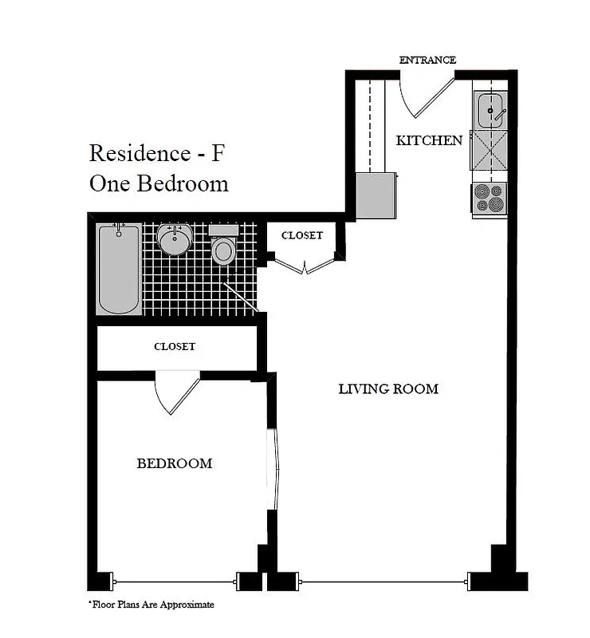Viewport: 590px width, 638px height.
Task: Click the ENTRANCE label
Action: point(427,60)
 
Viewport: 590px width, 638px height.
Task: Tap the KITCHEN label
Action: point(429,140)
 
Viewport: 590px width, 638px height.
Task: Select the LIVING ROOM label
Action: point(388,389)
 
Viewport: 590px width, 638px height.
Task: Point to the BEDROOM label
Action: point(174,463)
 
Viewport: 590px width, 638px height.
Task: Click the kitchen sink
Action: point(490,109)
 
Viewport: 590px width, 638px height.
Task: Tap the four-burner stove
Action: point(490,198)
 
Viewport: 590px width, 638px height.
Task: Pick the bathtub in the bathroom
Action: point(119,270)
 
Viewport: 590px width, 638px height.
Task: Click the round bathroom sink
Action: point(174,239)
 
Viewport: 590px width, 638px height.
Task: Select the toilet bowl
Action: point(223,250)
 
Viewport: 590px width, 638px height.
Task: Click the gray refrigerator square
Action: point(376,195)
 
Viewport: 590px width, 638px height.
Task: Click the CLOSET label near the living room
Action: point(302,235)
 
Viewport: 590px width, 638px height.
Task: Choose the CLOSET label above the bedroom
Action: point(175,347)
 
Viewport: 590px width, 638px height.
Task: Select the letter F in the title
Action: point(218,152)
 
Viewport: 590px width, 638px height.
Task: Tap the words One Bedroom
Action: point(159,183)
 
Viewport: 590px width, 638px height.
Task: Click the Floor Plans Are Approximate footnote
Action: point(151,605)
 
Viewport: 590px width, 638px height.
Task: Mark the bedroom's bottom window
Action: point(176,579)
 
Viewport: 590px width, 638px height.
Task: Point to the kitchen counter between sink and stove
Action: point(490,151)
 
